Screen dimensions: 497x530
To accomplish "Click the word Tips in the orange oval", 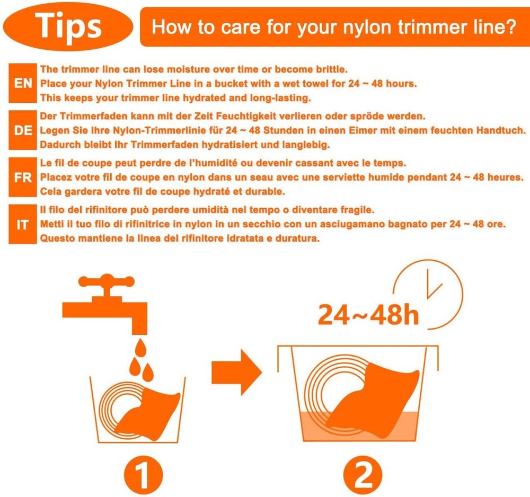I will click(x=68, y=25).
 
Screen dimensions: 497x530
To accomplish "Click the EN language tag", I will click(x=23, y=84).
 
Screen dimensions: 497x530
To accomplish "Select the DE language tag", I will click(x=23, y=130).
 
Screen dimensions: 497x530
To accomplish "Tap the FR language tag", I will click(x=23, y=177).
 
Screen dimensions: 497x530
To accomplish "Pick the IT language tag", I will click(x=23, y=225).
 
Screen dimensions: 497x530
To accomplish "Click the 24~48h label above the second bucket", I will click(x=368, y=315).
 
